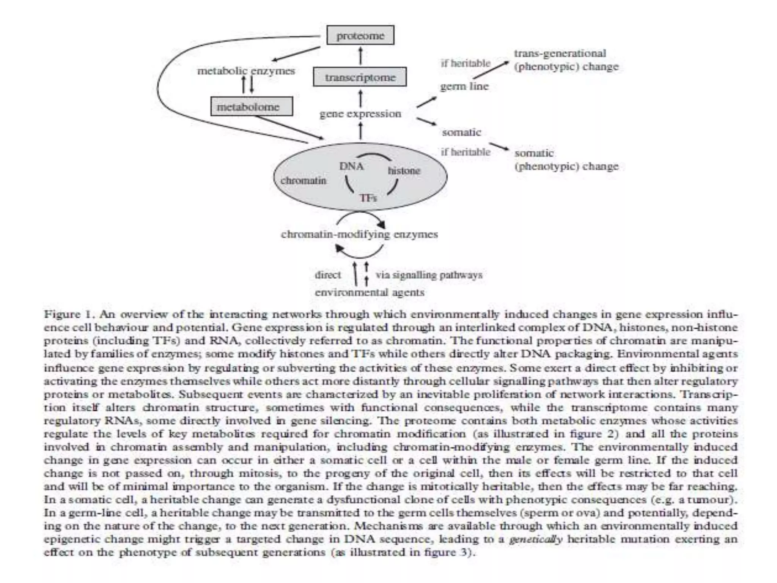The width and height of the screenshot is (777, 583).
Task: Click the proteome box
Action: click(360, 35)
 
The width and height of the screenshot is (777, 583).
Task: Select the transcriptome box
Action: click(360, 77)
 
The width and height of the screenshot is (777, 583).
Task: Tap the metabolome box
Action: click(252, 107)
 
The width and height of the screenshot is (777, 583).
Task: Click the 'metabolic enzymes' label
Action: click(246, 71)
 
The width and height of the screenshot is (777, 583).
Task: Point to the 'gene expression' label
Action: click(360, 113)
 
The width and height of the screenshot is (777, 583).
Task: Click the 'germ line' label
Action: click(464, 87)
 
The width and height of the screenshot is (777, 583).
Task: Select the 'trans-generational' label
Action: click(560, 54)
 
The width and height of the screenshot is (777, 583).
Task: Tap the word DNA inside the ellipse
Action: click(351, 166)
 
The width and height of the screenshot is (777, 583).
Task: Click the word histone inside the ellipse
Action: click(404, 171)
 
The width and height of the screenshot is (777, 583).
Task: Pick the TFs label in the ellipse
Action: click(368, 198)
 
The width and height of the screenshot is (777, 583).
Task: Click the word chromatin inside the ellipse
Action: click(303, 180)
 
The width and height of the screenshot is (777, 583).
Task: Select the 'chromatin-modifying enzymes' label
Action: click(359, 234)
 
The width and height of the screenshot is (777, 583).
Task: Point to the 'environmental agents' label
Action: click(370, 292)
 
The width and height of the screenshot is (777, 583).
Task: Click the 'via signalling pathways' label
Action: click(429, 274)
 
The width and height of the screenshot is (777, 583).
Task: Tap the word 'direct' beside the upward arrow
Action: click(328, 274)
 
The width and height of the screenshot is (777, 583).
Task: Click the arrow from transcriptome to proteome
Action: click(360, 56)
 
